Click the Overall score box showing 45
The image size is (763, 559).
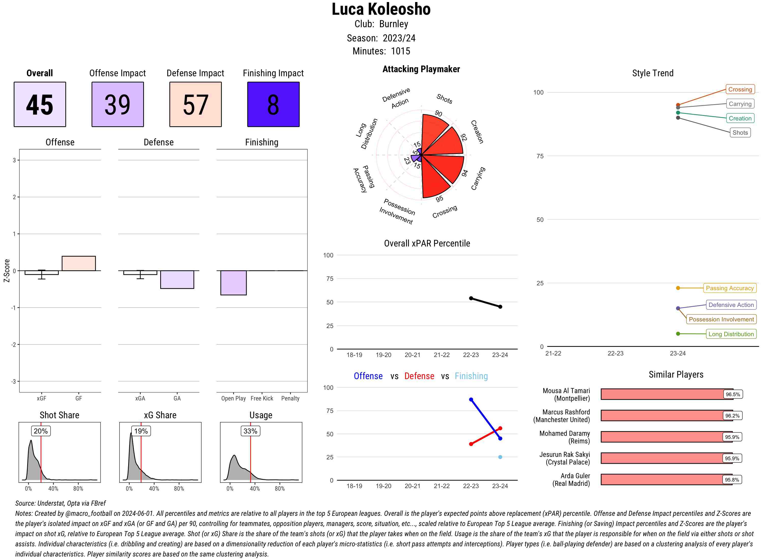point(40,104)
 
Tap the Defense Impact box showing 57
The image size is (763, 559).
point(195,104)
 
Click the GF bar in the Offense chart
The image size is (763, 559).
point(79,263)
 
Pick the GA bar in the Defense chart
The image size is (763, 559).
point(177,279)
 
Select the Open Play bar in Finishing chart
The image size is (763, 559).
point(233,283)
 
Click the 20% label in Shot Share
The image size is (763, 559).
point(41,431)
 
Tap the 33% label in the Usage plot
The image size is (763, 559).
point(250,431)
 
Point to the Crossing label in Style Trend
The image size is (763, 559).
point(740,89)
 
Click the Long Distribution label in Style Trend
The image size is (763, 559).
point(731,334)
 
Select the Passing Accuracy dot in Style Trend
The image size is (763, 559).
point(678,288)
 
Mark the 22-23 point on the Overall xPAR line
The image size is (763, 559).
point(471,298)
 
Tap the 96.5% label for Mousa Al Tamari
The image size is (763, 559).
point(732,394)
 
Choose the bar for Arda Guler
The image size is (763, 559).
point(666,479)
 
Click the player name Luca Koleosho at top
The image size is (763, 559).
point(381,9)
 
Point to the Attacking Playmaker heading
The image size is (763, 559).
point(421,69)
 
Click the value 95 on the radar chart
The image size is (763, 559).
point(439,199)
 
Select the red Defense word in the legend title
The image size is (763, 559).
point(419,376)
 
